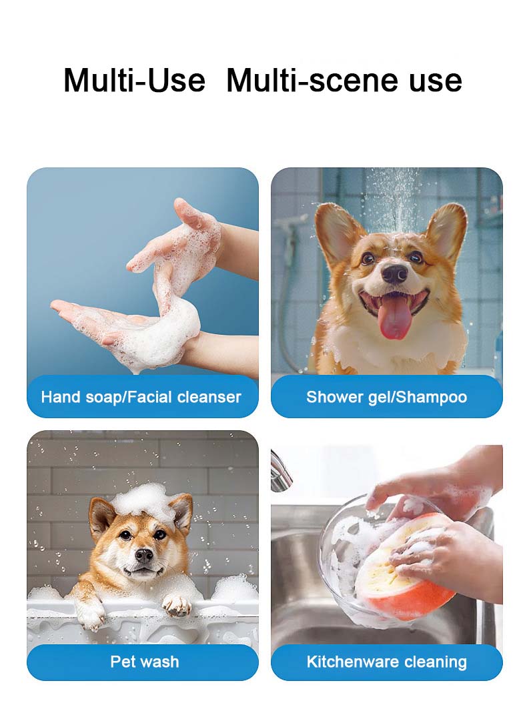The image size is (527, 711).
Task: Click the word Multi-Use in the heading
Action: [134, 81]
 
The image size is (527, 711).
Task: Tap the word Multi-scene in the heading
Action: [308, 81]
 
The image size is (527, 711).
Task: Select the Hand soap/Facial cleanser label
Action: [141, 398]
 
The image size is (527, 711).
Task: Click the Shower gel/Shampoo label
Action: [386, 398]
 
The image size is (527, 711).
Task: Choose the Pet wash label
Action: [144, 662]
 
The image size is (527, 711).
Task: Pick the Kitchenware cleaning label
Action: [386, 662]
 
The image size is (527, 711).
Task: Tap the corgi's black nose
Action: [394, 273]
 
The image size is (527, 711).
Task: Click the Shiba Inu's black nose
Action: [143, 554]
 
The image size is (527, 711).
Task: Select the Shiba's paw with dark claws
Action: [177, 604]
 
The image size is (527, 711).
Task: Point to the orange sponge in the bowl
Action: [400, 567]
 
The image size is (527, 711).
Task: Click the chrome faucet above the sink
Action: [280, 474]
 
